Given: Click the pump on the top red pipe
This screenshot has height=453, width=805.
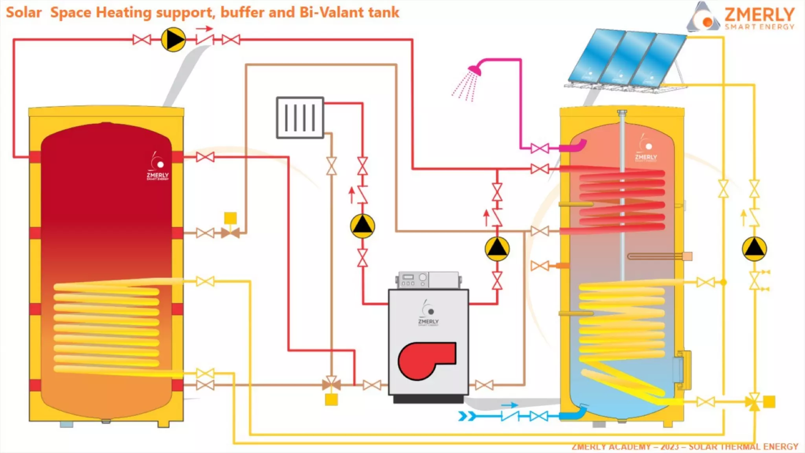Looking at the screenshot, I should coord(173,40).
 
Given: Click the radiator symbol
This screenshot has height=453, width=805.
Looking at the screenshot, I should coord(300,118).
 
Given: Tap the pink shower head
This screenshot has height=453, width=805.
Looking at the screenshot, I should coord(475,70).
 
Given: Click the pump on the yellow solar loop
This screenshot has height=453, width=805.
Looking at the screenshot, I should coord(754,249).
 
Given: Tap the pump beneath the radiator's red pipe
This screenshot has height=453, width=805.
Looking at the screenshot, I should coord(362,226).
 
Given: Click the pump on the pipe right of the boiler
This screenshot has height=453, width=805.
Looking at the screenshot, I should coord(497,249).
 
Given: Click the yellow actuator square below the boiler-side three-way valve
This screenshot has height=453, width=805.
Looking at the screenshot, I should coord(331,400).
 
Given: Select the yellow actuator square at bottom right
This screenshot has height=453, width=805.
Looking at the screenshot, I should coord(769,402).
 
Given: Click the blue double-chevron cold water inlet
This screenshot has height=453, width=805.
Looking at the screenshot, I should coord(467,416).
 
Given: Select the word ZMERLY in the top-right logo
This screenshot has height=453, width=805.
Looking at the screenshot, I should coord(759,15).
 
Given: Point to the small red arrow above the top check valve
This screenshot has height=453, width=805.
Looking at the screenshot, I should coord(204,29).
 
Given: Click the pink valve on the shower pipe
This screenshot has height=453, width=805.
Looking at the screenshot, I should coord(540,148).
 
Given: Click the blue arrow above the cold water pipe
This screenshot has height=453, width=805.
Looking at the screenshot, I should coord(510,405).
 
